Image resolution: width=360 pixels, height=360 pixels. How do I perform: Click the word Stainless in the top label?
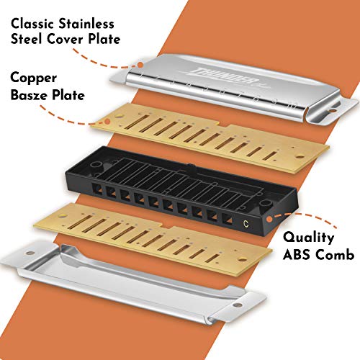point(86,24)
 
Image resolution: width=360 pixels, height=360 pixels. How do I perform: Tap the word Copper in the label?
point(34,78)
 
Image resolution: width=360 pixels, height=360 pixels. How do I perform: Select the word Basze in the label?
point(29,95)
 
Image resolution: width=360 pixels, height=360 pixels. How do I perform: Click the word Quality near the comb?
point(309,238)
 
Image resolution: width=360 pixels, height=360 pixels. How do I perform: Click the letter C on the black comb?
point(246,223)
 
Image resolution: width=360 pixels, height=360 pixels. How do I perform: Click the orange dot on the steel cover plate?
point(140,64)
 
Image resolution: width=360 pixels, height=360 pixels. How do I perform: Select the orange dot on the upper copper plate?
point(107,122)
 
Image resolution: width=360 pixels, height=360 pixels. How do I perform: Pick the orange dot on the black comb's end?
point(269,219)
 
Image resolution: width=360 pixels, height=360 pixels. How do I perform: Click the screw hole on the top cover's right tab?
point(333,111)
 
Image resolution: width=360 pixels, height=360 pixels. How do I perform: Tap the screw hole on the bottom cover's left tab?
point(30,253)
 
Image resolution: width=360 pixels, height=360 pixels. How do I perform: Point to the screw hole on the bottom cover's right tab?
point(238,305)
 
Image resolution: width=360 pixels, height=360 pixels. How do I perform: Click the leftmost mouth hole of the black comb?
point(98,187)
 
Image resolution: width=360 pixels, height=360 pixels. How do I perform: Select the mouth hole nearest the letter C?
point(228,219)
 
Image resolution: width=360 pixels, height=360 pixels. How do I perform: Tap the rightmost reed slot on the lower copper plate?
point(212,258)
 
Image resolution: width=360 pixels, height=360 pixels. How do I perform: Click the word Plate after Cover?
point(104,39)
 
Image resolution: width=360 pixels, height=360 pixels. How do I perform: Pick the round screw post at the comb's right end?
point(265,205)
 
